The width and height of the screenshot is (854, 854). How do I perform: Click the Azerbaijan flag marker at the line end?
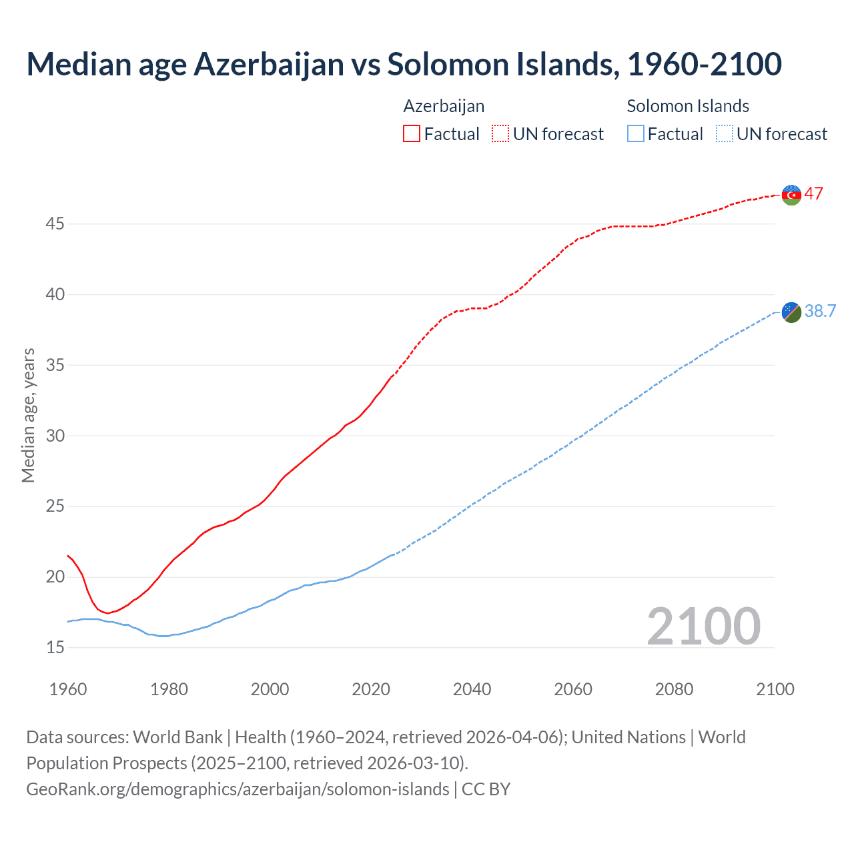pyautogui.click(x=791, y=195)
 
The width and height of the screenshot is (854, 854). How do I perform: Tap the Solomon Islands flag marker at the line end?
pyautogui.click(x=791, y=312)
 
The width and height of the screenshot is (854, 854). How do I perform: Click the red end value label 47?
pyautogui.click(x=813, y=193)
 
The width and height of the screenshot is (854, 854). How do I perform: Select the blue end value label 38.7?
pyautogui.click(x=820, y=311)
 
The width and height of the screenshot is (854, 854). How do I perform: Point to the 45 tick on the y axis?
pyautogui.click(x=55, y=224)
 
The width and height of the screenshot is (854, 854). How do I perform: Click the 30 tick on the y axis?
pyautogui.click(x=55, y=436)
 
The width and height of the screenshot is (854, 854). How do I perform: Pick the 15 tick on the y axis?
pyautogui.click(x=55, y=647)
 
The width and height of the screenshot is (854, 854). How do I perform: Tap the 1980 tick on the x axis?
pyautogui.click(x=169, y=689)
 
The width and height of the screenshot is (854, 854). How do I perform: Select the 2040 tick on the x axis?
pyautogui.click(x=472, y=689)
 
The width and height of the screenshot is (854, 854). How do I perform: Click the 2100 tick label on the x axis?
pyautogui.click(x=775, y=689)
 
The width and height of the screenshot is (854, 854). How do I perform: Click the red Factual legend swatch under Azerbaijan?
pyautogui.click(x=412, y=133)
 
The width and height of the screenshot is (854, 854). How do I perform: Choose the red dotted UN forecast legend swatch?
pyautogui.click(x=500, y=133)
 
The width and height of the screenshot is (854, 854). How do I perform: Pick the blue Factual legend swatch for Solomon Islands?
pyautogui.click(x=636, y=133)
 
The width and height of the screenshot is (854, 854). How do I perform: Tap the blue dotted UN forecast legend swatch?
pyautogui.click(x=724, y=133)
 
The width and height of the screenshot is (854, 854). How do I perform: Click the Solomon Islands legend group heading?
pyautogui.click(x=688, y=106)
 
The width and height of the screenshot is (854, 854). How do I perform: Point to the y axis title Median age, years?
pyautogui.click(x=28, y=415)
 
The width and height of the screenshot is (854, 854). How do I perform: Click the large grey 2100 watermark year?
pyautogui.click(x=703, y=626)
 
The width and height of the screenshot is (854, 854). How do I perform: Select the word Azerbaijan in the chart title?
pyautogui.click(x=269, y=64)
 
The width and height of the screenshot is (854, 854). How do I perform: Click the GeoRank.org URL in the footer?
pyautogui.click(x=238, y=789)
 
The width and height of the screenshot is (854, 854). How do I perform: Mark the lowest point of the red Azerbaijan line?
pyautogui.click(x=107, y=613)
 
